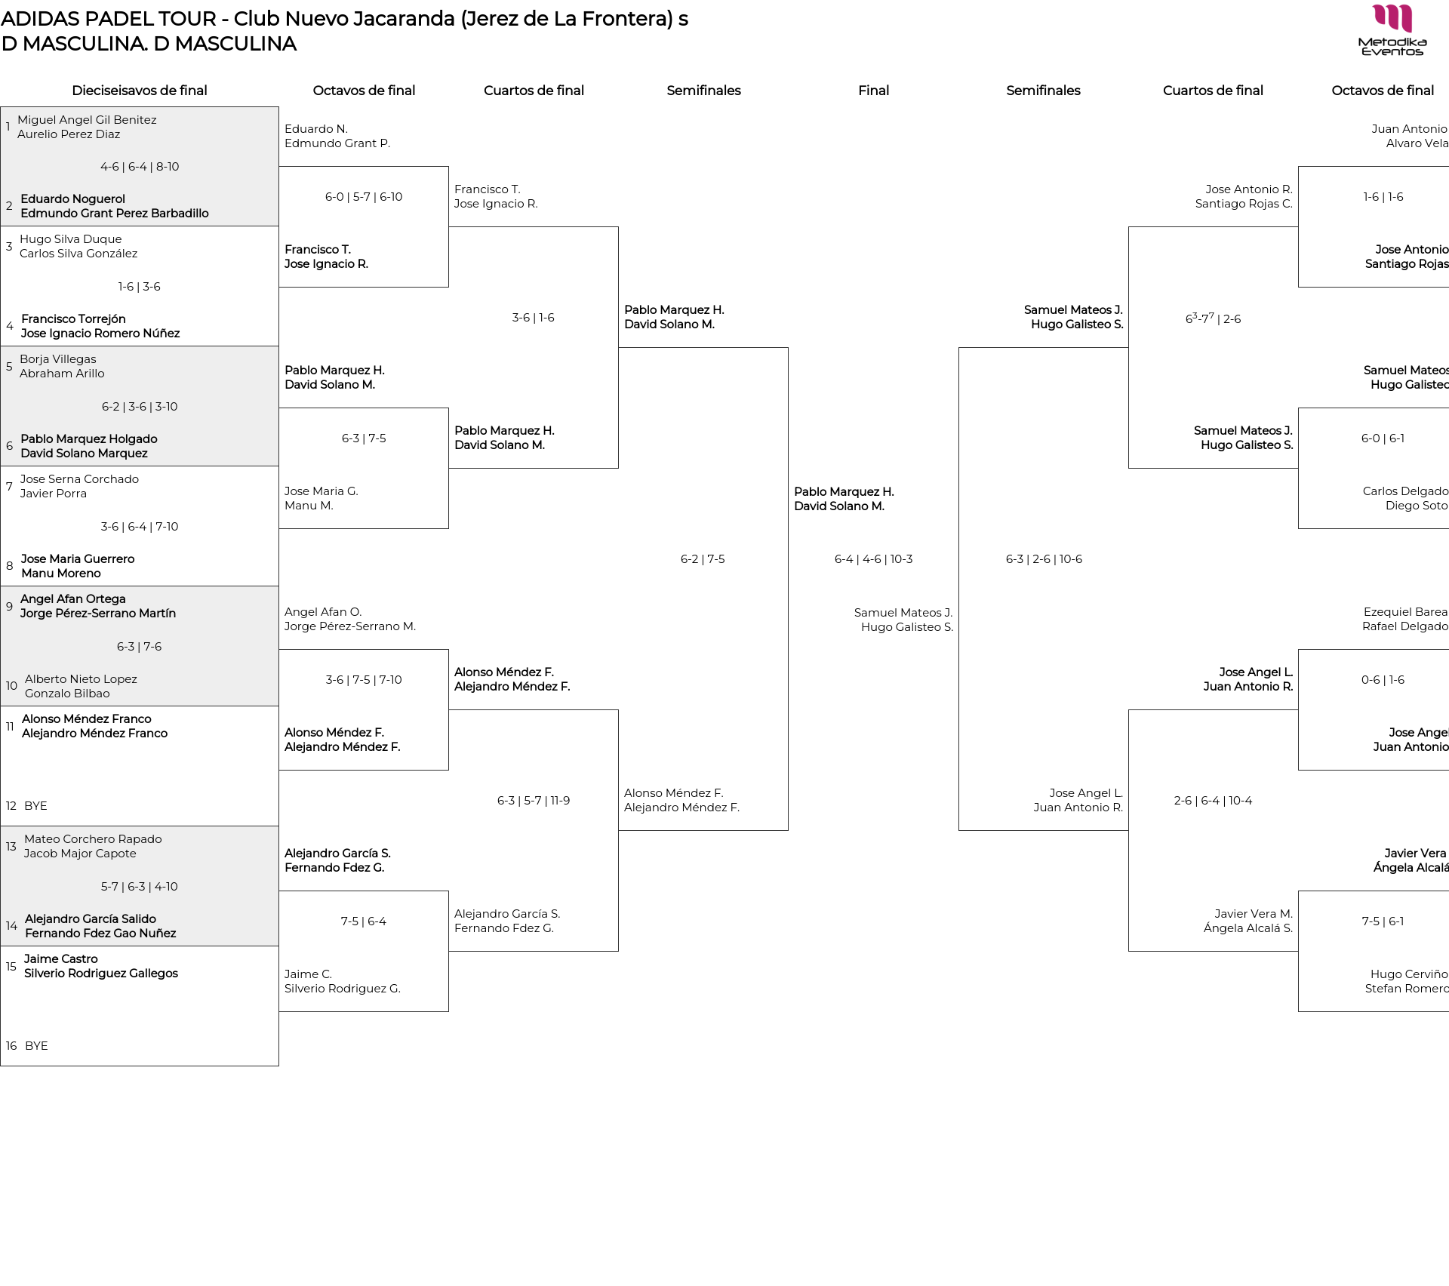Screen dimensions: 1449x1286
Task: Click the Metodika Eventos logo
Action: (x=1392, y=30)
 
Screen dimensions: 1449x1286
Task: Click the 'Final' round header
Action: (x=873, y=91)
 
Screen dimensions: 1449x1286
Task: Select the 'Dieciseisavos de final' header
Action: (x=140, y=91)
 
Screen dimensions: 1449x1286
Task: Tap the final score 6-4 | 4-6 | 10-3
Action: (x=873, y=559)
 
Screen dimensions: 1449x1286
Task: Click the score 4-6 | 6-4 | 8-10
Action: (x=140, y=167)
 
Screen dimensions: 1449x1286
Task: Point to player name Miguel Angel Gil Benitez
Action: (x=87, y=120)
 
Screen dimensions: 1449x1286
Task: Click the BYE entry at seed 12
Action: (x=35, y=806)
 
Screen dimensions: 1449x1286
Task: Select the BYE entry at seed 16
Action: (x=36, y=1046)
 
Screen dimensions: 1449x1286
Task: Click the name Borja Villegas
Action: (x=58, y=359)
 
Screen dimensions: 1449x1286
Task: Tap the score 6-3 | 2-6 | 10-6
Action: (x=1044, y=559)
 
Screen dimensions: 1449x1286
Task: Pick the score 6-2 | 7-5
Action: (x=703, y=559)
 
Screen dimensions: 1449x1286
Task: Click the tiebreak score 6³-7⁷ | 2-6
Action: (x=1213, y=318)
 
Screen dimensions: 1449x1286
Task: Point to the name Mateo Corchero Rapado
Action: (x=93, y=839)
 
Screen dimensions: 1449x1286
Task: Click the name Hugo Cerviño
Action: (x=1409, y=974)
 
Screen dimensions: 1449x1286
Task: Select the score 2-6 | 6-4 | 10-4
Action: (x=1213, y=801)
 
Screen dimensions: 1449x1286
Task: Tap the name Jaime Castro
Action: (x=61, y=959)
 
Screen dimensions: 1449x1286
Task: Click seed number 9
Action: (x=9, y=607)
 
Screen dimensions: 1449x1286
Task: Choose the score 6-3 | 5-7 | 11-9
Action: (x=534, y=801)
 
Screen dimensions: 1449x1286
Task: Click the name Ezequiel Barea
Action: (x=1405, y=612)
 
